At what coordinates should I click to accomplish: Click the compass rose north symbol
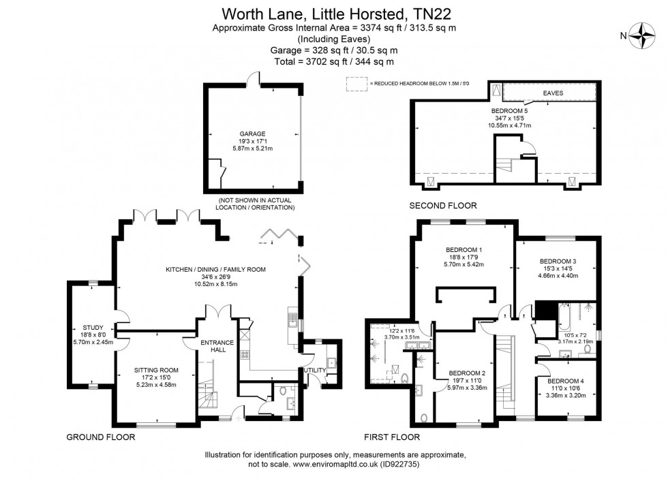642,35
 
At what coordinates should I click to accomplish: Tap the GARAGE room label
252,134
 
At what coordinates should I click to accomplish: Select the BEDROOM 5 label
509,110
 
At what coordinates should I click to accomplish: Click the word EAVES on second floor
553,91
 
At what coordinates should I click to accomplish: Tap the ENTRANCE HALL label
217,345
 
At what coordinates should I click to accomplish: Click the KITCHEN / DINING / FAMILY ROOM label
215,270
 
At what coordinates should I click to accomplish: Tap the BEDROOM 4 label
566,380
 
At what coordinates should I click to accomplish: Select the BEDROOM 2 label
467,373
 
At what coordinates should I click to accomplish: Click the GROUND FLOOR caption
100,437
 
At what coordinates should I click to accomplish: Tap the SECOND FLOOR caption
442,205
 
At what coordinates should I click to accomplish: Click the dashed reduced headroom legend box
355,84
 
